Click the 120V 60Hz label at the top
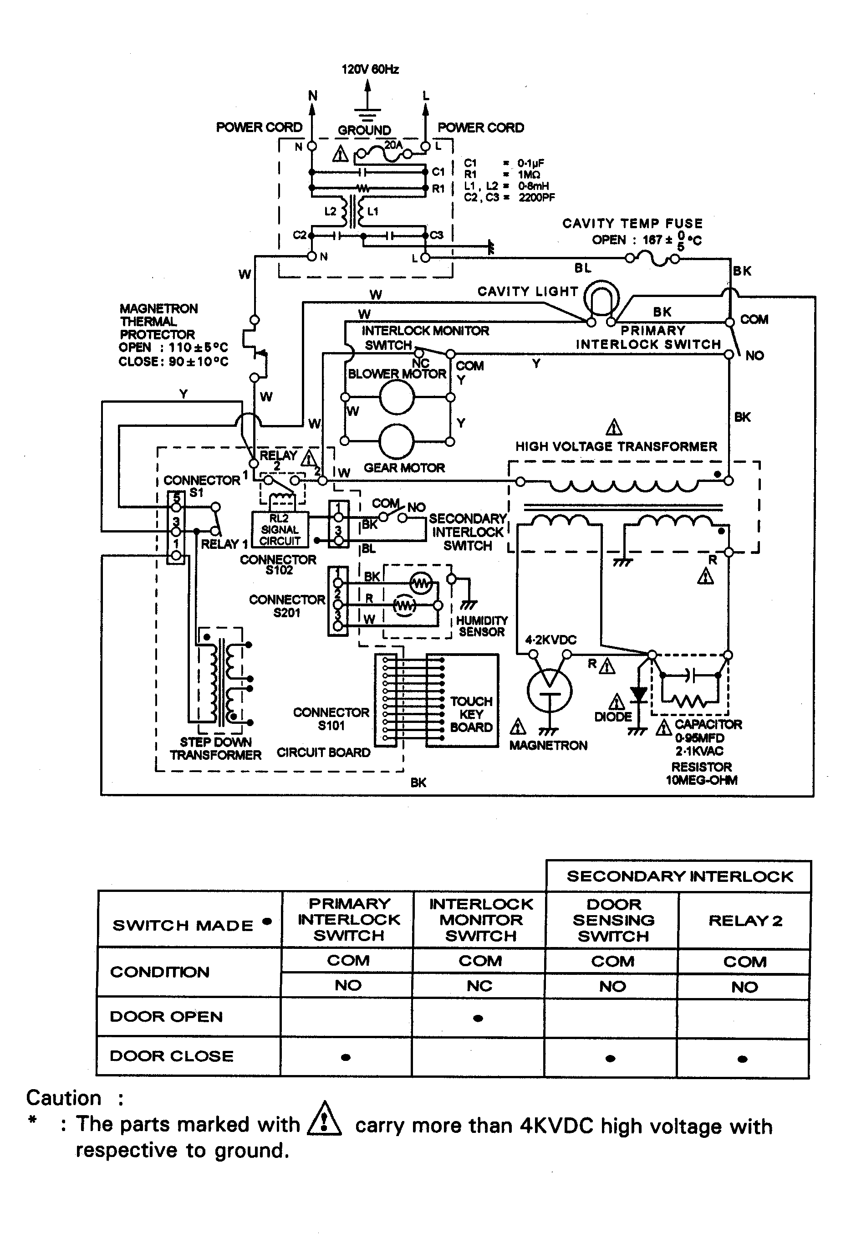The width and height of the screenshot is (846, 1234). point(370,69)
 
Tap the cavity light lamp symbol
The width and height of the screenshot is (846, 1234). point(601,299)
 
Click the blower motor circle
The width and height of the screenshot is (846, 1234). point(397,397)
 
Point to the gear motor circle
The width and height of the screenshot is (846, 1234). point(397,441)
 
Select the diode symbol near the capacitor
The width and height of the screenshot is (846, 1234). point(638,694)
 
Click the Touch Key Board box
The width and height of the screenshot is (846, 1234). point(462,701)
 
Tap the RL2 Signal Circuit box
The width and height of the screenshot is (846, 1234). point(280,529)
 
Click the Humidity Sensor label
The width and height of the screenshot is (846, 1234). point(482,626)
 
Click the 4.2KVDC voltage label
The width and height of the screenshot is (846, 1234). point(550,640)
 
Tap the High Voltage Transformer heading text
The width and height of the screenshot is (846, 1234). point(616,446)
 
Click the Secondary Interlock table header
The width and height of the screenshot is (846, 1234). point(679,876)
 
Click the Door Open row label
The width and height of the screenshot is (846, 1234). point(166,1016)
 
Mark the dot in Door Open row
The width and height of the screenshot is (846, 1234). point(478,1018)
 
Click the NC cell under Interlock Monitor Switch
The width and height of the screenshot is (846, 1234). point(479,986)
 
